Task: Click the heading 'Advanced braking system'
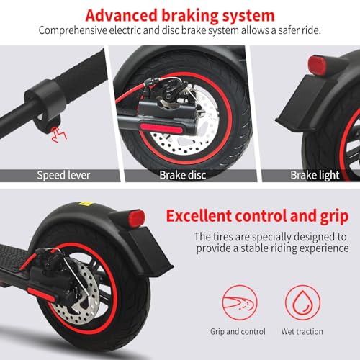point(180,15)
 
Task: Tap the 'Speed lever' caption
point(63,175)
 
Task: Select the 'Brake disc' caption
point(183,175)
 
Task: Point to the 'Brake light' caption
point(315,175)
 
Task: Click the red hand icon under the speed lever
point(58,134)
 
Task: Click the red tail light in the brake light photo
point(318,65)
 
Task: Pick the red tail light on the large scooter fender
point(137,219)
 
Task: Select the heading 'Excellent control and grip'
point(257,216)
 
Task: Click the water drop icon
point(302,302)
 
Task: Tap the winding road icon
point(240,302)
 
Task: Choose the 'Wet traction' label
point(302,331)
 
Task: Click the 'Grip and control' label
point(238,332)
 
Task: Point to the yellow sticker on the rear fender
point(86,204)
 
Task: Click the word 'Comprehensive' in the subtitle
point(73,31)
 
